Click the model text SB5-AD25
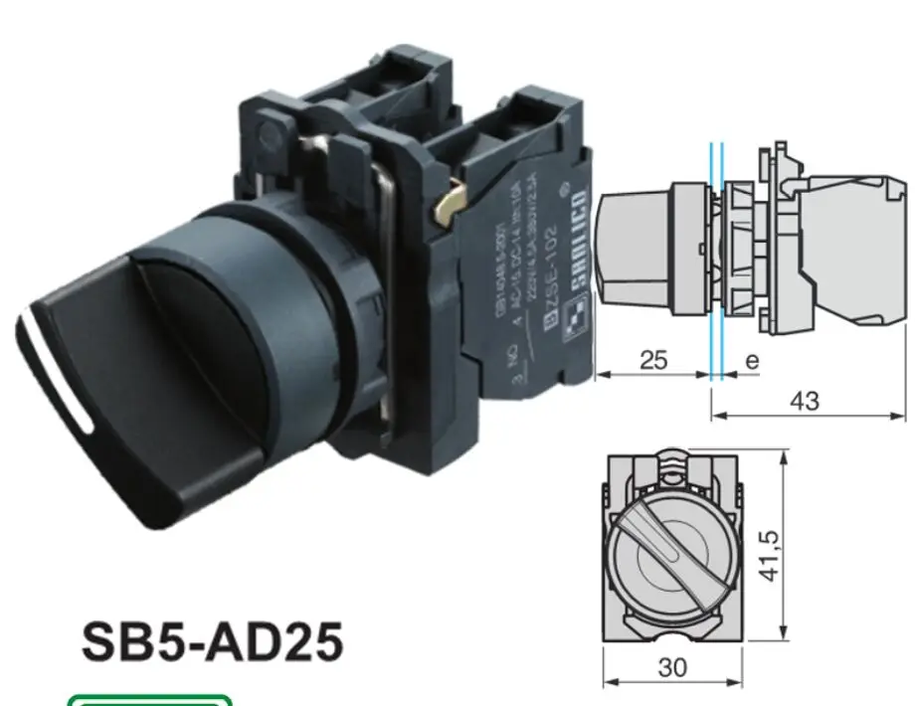211,643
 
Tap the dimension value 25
653,360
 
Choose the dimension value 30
672,667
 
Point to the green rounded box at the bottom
149,699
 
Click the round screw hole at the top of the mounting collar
266,130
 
